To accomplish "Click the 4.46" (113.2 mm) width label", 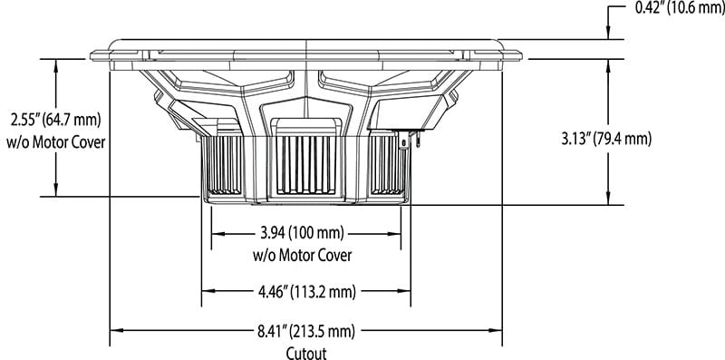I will click(x=304, y=291).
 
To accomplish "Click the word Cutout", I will click(x=305, y=353).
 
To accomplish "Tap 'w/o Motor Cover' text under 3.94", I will click(x=302, y=256).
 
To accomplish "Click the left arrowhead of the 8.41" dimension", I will click(x=115, y=330).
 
